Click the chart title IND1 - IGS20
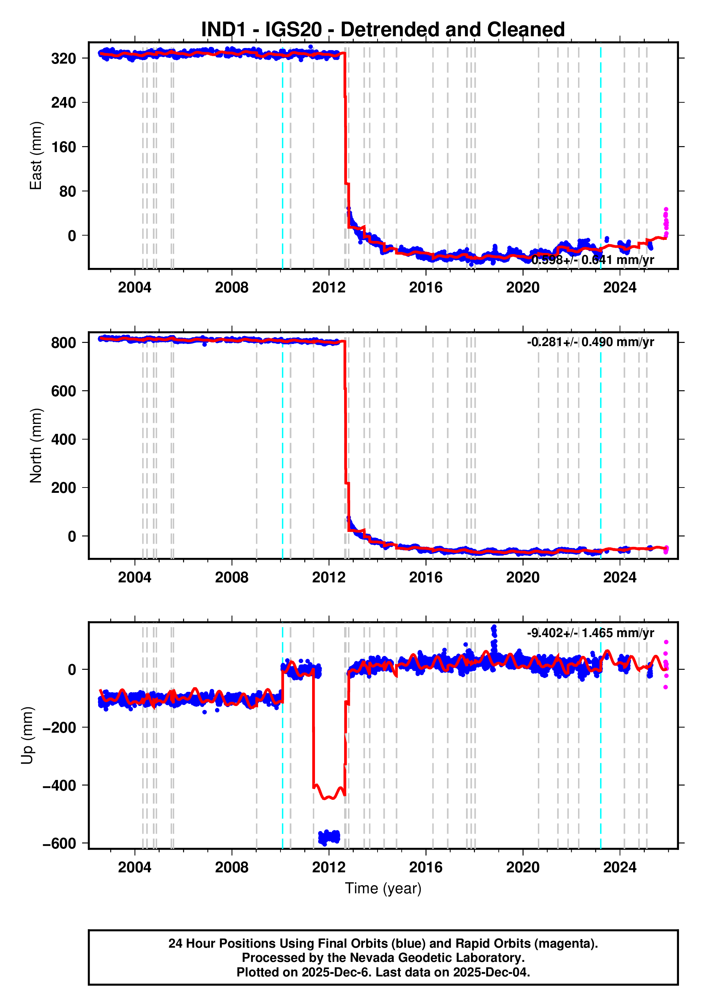[383, 29]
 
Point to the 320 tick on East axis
[64, 58]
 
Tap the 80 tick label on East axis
[68, 192]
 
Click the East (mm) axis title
[36, 156]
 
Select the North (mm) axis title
[36, 446]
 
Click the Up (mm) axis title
[27, 735]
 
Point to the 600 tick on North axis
[64, 391]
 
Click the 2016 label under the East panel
[426, 288]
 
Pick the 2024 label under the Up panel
[620, 867]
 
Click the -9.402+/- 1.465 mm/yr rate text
[590, 633]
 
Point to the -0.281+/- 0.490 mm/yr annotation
[590, 342]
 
